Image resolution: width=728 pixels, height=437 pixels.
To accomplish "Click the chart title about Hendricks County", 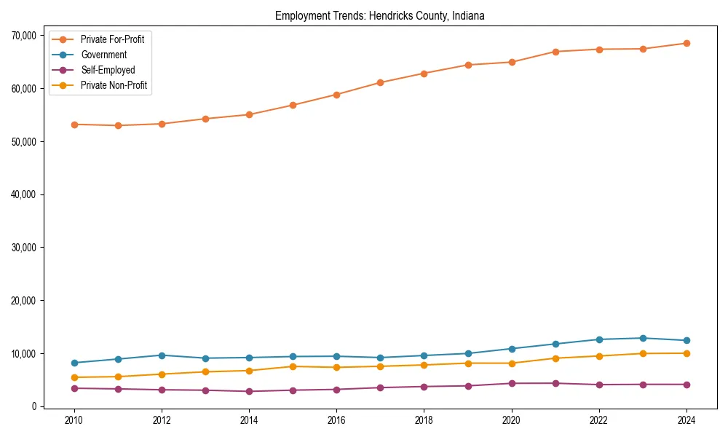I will pos(379,16).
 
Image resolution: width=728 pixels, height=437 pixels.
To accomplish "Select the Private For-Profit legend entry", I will pos(112,39).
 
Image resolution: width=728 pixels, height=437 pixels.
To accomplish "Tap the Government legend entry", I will pos(103,55).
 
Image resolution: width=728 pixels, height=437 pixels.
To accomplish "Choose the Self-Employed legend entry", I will pos(108,70).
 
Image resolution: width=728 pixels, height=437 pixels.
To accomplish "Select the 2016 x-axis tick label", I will pos(336,420).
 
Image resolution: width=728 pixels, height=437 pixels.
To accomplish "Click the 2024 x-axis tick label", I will pos(687,420).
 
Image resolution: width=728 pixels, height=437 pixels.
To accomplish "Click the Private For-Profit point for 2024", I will pos(687,43).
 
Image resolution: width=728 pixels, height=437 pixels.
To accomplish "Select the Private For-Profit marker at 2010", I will pos(74,125).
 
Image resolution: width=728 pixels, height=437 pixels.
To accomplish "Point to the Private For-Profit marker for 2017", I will pos(380,82).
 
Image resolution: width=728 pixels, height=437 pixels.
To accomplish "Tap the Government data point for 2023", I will pos(643,338).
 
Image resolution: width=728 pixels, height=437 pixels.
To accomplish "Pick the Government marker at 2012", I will pos(162,355).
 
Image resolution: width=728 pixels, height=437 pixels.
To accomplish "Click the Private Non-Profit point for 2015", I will pos(293,366).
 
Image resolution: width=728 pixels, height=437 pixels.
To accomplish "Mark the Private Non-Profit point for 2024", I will pos(687,353).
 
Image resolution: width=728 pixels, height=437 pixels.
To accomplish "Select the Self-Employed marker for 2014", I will pos(249,391).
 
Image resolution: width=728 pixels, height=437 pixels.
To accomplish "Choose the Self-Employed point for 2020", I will pos(512,383).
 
